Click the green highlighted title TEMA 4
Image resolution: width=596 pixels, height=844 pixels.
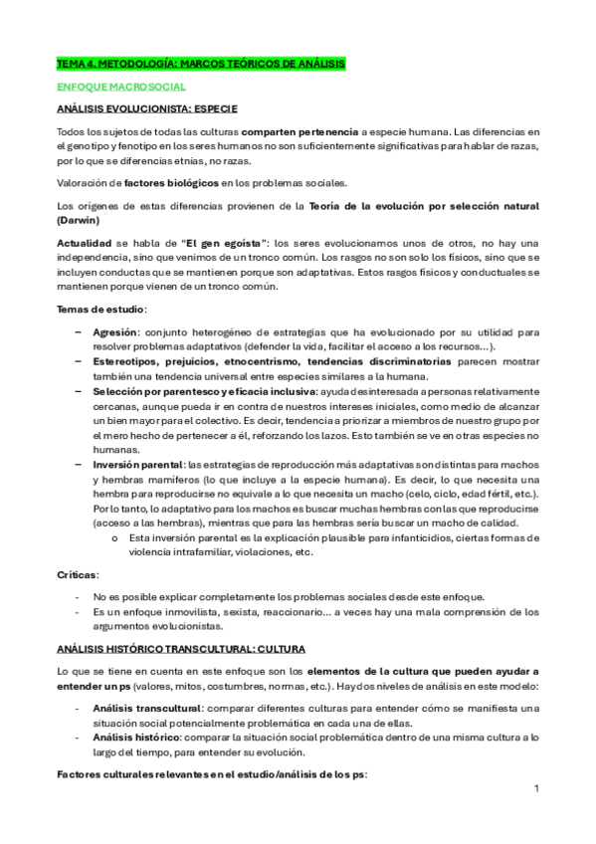(x=200, y=64)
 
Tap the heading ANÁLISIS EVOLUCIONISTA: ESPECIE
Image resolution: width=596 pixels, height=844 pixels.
(x=146, y=107)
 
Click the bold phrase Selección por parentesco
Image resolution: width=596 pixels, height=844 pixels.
(x=147, y=391)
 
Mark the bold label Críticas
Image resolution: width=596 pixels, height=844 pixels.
(x=77, y=575)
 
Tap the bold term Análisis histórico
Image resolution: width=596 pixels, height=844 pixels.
(x=133, y=738)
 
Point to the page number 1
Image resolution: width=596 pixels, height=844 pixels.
(x=536, y=789)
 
